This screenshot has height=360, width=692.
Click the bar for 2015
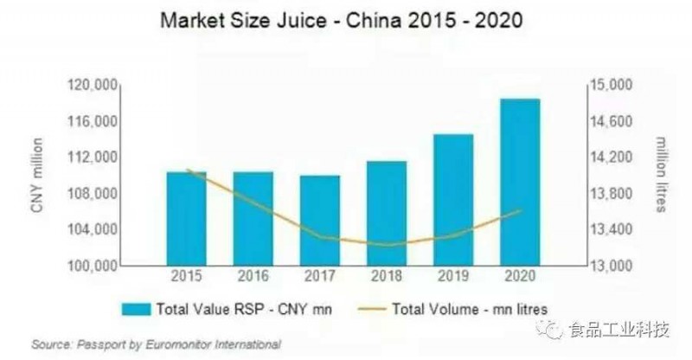[187, 218]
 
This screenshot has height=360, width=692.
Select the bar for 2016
[253, 218]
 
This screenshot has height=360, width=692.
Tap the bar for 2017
[320, 220]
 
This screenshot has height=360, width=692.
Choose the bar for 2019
[453, 200]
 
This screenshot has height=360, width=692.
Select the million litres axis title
[661, 174]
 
